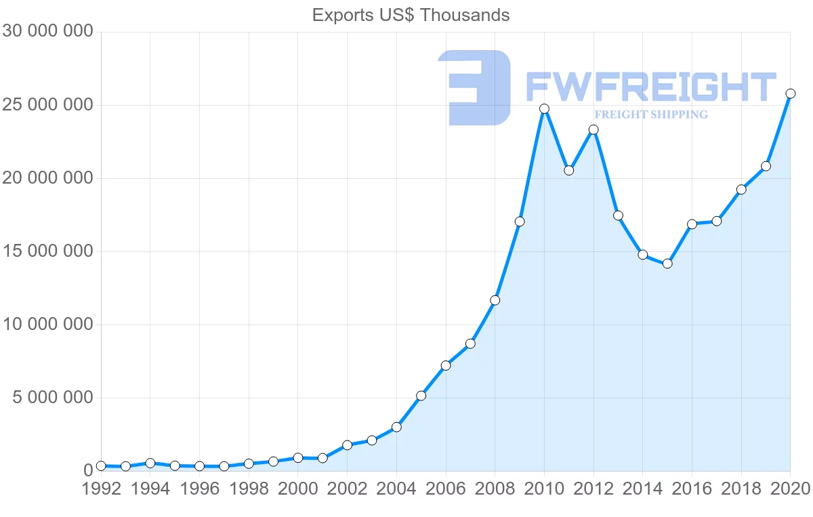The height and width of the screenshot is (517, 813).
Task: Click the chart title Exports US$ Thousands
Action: pos(411,15)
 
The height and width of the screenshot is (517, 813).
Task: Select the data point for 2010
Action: pos(544,108)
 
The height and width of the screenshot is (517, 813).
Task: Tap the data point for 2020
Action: pos(790,94)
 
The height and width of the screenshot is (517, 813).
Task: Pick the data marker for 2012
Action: pos(593,129)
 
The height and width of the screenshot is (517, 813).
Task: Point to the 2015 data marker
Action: pos(667,264)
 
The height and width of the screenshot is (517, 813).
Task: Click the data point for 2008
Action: pos(495,300)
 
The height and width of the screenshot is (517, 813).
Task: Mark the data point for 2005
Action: pos(421,396)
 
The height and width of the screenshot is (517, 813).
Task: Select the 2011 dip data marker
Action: pos(568,170)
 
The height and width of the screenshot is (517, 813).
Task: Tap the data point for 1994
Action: pos(150,463)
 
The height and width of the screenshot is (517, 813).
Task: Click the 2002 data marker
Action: pos(347,445)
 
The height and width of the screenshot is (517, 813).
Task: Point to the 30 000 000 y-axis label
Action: pos(47,32)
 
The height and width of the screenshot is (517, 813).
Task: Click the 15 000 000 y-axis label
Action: pos(47,251)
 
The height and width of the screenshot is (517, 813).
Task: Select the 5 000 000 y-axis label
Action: pos(53,398)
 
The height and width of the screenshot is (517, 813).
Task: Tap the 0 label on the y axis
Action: pos(86,471)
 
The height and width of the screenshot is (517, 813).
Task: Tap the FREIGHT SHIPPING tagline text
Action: pos(650,115)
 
